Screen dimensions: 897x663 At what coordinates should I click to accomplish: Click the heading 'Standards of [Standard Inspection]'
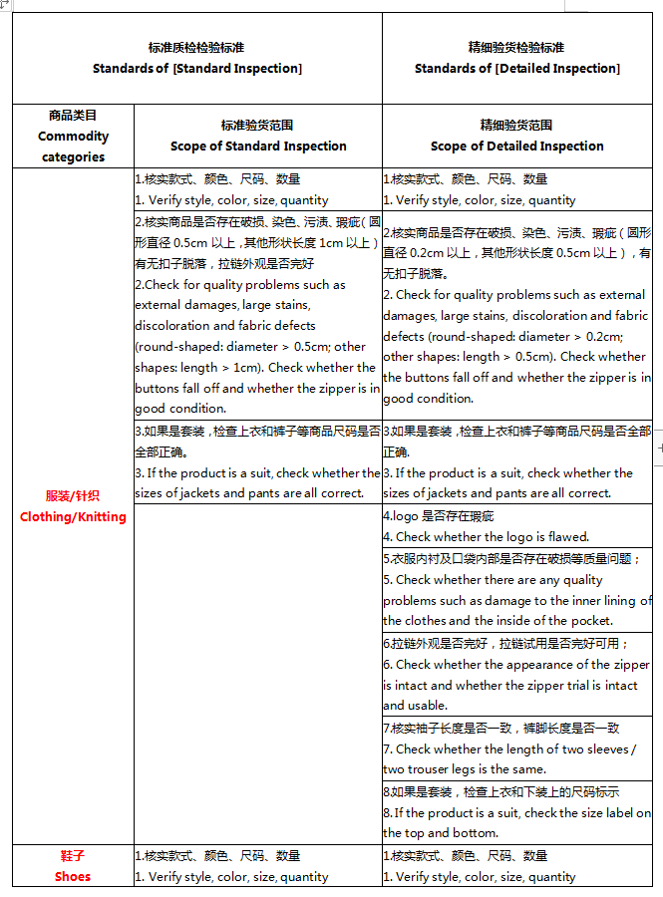pos(196,69)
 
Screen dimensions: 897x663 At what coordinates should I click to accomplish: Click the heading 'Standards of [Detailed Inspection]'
pos(516,69)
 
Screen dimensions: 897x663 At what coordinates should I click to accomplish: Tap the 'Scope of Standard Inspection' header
pos(257,147)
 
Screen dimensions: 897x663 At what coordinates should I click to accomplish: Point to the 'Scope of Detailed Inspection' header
pos(516,147)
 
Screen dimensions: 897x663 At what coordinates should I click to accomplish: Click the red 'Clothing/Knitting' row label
pos(73,517)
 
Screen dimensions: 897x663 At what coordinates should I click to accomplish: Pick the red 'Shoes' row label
pos(73,877)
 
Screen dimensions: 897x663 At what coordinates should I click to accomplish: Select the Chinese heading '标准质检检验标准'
pos(196,48)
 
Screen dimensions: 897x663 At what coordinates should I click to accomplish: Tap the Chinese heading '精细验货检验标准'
pos(516,48)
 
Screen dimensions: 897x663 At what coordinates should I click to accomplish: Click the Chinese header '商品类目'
pos(73,116)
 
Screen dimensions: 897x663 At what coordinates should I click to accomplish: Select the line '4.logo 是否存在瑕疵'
pos(439,516)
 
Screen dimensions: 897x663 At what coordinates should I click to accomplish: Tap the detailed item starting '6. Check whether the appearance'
pos(516,665)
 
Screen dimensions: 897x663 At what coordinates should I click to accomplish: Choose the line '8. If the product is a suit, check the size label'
pos(516,813)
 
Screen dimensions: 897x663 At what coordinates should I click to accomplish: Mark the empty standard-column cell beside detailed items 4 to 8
pos(257,674)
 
